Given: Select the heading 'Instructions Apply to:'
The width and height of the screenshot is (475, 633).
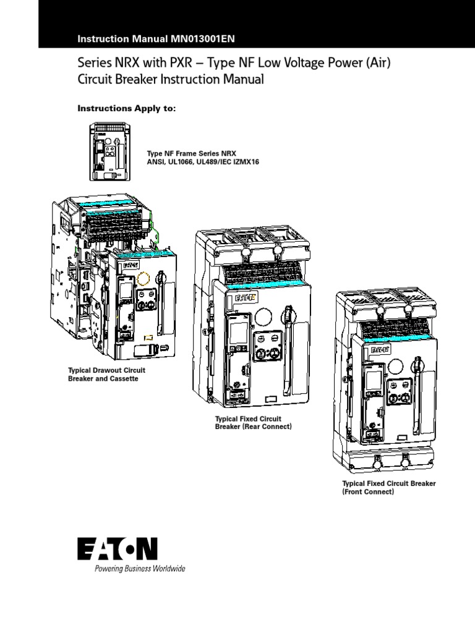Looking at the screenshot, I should [x=126, y=108].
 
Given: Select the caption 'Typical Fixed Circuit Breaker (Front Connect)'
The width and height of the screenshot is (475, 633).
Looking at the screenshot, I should [x=389, y=487].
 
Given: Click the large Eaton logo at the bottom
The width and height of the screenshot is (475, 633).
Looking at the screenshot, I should [x=118, y=550].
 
